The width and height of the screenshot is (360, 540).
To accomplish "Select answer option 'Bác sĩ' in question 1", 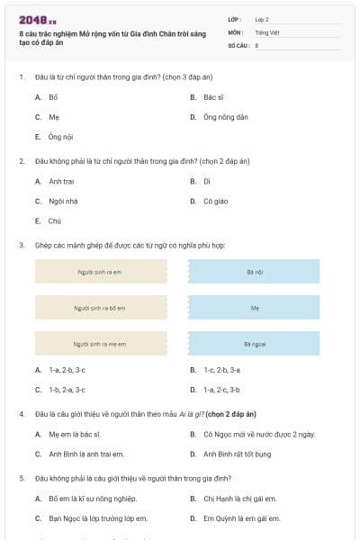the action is [212, 96].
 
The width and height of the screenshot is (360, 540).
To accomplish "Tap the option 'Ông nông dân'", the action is [225, 117].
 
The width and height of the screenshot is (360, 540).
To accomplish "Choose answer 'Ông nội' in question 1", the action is [60, 137].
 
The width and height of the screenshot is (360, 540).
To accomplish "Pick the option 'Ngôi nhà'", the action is [64, 201].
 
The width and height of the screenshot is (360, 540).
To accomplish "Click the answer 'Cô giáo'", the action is [215, 201].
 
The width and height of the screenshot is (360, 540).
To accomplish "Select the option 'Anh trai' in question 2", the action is [62, 181].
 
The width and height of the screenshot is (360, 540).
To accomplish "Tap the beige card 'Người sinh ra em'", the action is [100, 271].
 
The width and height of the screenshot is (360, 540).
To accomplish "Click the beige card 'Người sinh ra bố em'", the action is [100, 307].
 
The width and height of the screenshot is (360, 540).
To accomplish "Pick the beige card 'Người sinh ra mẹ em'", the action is [100, 343].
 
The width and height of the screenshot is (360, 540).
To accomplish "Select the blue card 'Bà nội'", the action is [254, 271].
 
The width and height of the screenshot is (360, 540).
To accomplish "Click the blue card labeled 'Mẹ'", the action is [254, 307].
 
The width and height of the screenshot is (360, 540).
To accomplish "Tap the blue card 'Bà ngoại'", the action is [254, 343].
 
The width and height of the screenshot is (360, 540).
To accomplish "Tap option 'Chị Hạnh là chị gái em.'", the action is [239, 498].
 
